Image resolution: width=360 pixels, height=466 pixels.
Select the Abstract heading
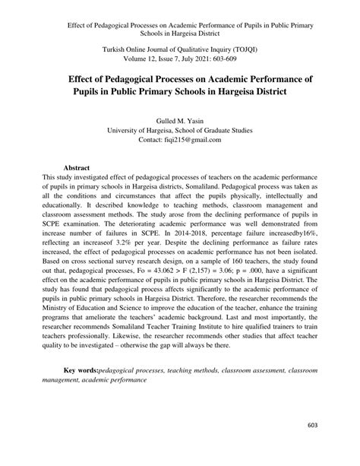[77, 166]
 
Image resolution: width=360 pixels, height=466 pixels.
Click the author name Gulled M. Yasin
[179, 121]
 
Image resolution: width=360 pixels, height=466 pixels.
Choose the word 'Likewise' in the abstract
[141, 335]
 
